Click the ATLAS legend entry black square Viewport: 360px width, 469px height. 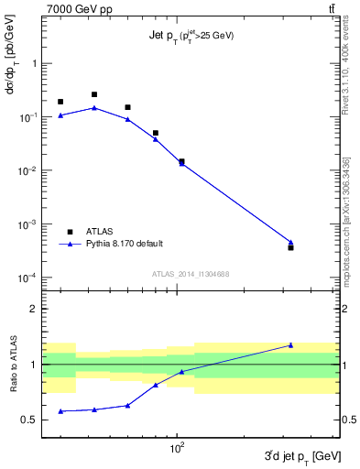[70, 232]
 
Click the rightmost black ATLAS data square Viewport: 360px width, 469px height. [290, 247]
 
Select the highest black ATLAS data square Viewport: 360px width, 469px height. [94, 94]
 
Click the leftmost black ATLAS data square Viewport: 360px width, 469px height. [60, 102]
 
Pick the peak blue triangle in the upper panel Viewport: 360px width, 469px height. [94, 108]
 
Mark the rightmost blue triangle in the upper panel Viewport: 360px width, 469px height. [290, 243]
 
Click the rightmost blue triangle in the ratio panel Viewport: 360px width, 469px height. [290, 345]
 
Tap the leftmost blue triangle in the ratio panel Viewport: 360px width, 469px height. [60, 411]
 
